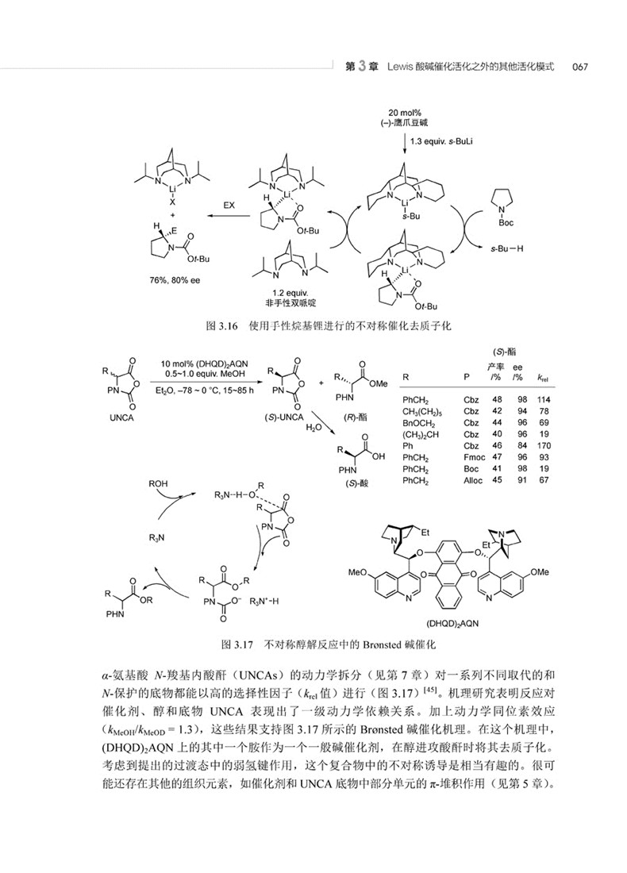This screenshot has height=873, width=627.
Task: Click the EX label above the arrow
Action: (229, 204)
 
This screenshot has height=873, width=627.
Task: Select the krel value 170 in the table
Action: (544, 446)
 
